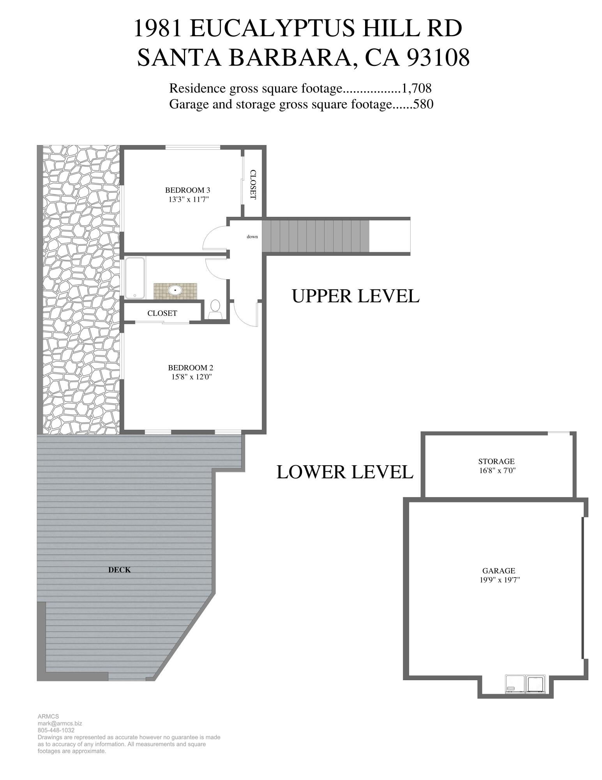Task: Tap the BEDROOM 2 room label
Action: point(190,367)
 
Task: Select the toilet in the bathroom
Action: point(215,307)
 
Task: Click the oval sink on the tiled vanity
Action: point(175,290)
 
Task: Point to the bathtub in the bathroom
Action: point(134,277)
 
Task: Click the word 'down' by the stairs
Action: point(252,237)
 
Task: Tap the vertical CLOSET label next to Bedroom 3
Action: point(253,184)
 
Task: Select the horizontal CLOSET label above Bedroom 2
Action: point(162,313)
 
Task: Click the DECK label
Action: point(119,570)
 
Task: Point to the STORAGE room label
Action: point(496,461)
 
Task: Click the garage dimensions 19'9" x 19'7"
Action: point(500,580)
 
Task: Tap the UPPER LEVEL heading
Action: point(355,296)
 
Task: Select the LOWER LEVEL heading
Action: point(344,472)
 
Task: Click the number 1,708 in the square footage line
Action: point(417,88)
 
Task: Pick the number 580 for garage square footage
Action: point(423,104)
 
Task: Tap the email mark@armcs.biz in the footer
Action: point(60,723)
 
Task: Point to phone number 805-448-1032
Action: point(56,730)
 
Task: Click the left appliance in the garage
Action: point(515,683)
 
